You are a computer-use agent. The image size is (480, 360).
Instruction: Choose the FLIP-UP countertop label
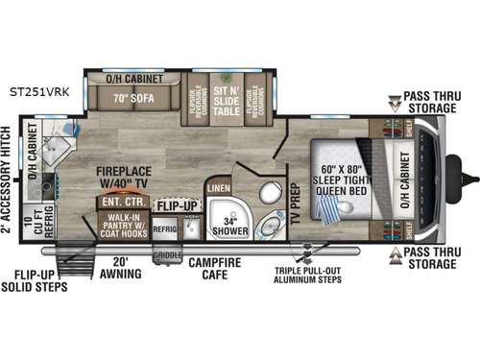click(179, 205)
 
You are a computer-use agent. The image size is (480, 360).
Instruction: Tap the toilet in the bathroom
click(268, 225)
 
